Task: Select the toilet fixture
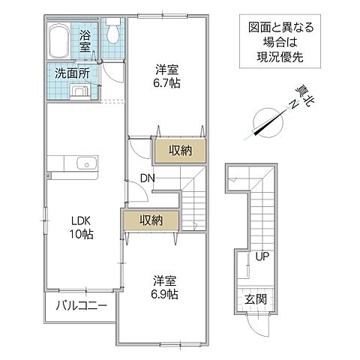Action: click(x=112, y=33)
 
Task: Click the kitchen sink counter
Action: click(x=73, y=163)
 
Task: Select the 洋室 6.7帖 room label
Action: click(x=168, y=76)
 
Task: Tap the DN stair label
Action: click(x=147, y=178)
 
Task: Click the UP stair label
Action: click(x=262, y=257)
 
